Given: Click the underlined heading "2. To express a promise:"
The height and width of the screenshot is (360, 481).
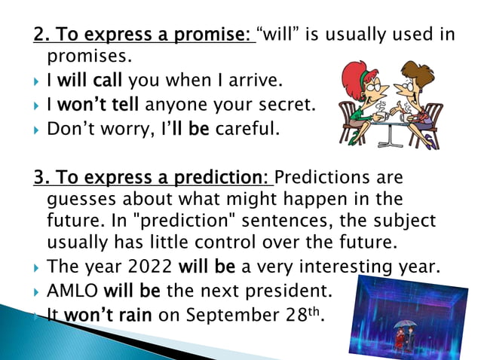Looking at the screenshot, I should pyautogui.click(x=144, y=35).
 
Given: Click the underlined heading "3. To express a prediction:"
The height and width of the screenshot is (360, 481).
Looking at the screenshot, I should pyautogui.click(x=152, y=178).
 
